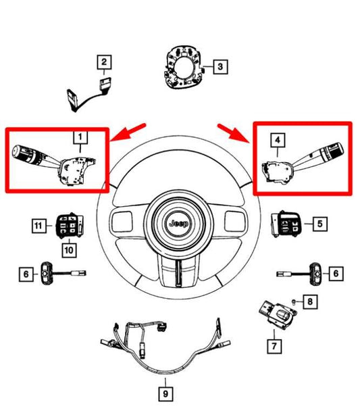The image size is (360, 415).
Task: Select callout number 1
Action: click(x=80, y=140)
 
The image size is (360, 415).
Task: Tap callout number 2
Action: click(x=103, y=63)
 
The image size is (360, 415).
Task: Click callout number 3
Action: click(x=220, y=66)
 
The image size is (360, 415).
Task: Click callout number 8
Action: click(x=309, y=301)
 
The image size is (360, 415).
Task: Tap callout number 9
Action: click(x=165, y=392)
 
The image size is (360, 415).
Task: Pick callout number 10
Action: click(x=70, y=249)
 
